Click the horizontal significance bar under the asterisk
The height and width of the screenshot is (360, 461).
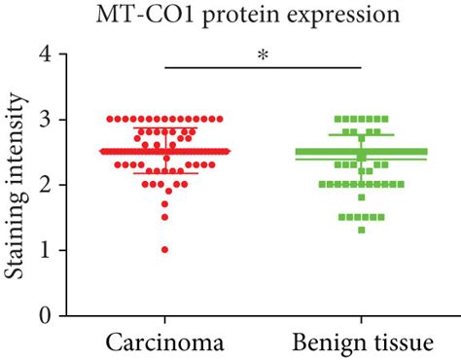(263, 67)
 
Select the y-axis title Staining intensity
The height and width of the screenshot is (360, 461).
(17, 185)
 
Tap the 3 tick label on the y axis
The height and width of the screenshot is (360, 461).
(44, 120)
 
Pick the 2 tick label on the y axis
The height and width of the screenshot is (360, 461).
(44, 185)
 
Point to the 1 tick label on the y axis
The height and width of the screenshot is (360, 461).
(44, 250)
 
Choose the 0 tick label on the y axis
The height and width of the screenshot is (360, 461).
(44, 315)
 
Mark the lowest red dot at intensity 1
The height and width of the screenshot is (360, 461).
(164, 250)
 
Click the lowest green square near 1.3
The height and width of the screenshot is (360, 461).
(361, 230)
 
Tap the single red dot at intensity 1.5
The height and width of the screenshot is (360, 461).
(164, 217)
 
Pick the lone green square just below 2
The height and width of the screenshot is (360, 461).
(361, 198)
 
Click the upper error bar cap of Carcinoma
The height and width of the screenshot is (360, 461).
(164, 127)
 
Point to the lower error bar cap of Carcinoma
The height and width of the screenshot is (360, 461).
(164, 174)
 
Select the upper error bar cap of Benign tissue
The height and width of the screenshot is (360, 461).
(361, 134)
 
